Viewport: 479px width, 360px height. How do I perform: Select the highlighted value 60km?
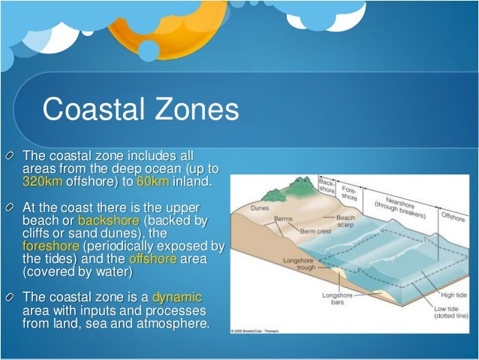154,182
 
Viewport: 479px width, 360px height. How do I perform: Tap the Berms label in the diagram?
282,218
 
